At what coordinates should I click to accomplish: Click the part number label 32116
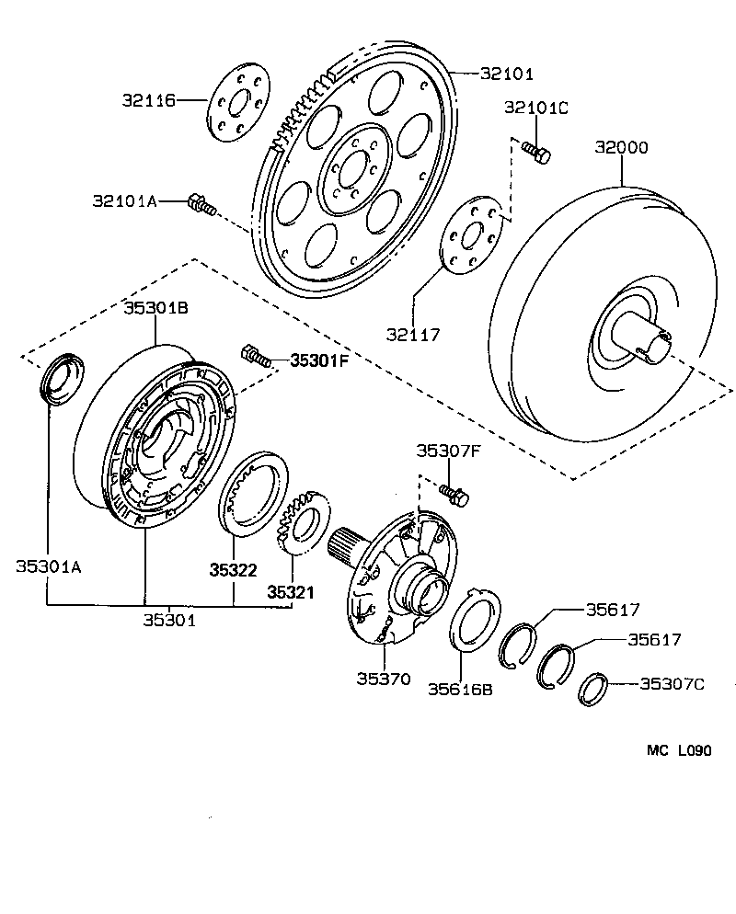pyautogui.click(x=148, y=99)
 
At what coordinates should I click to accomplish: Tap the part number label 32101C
pyautogui.click(x=536, y=108)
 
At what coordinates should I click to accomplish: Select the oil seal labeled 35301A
pyautogui.click(x=63, y=377)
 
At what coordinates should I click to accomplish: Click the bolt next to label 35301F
pyautogui.click(x=256, y=356)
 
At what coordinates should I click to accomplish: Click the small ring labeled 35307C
pyautogui.click(x=593, y=689)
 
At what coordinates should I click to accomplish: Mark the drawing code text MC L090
pyautogui.click(x=678, y=750)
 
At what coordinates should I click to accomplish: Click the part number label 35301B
pyautogui.click(x=156, y=308)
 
